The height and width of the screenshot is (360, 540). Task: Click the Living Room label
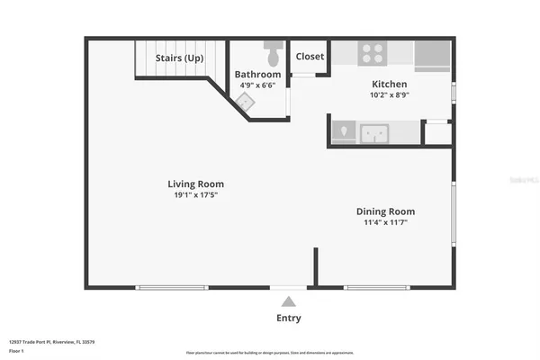pyautogui.click(x=195, y=184)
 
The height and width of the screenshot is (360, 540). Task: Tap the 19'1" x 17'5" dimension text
pyautogui.click(x=195, y=194)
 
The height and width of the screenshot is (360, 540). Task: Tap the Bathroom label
pyautogui.click(x=257, y=74)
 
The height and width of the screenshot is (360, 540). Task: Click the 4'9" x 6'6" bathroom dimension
pyautogui.click(x=257, y=85)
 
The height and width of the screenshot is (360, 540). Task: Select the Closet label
pyautogui.click(x=310, y=57)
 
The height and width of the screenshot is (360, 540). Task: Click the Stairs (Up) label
pyautogui.click(x=180, y=58)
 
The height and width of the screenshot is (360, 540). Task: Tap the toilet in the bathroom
pyautogui.click(x=273, y=46)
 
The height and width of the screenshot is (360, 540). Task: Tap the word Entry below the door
pyautogui.click(x=288, y=318)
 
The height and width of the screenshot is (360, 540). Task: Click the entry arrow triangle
pyautogui.click(x=288, y=301)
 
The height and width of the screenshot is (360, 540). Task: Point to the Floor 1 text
pyautogui.click(x=17, y=350)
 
